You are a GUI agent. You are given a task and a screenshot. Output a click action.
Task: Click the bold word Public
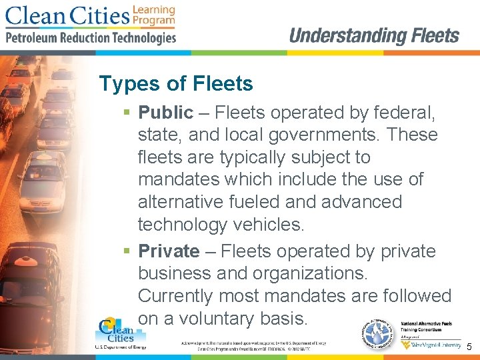point(165,113)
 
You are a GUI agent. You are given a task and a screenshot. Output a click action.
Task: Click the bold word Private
point(168,251)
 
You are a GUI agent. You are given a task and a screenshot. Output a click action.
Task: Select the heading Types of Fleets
point(176,84)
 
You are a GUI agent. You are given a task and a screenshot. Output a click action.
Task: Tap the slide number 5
point(469,347)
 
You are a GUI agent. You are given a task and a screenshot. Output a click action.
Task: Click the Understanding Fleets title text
point(374,36)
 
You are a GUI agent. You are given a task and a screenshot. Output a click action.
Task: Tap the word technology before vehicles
point(185,225)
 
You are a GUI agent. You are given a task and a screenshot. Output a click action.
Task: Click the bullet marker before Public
point(127,113)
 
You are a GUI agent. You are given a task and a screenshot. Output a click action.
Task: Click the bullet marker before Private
point(127,252)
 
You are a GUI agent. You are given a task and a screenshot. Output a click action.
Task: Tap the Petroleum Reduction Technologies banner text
point(91,38)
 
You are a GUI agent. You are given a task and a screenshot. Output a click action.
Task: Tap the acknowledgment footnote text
point(253,346)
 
